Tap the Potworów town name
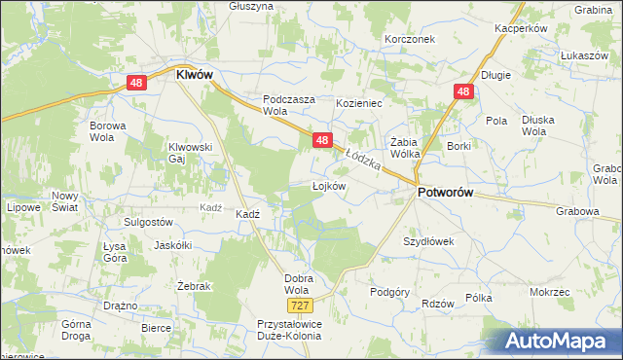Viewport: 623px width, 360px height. [445, 193]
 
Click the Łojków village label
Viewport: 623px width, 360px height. [329, 185]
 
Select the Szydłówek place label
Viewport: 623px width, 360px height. [428, 240]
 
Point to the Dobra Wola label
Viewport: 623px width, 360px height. [297, 284]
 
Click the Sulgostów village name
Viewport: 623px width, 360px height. [134, 222]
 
